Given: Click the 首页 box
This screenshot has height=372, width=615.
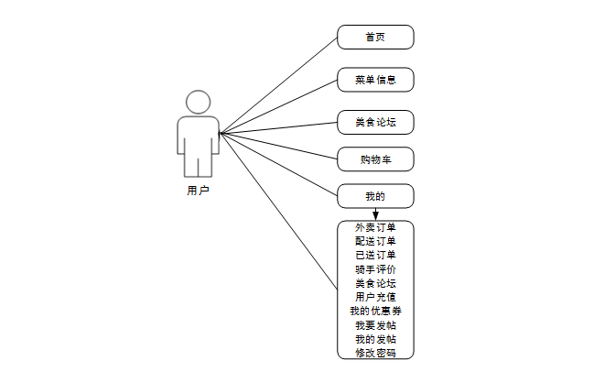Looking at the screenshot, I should (375, 38).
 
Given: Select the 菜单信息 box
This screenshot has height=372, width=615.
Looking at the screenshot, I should (375, 80).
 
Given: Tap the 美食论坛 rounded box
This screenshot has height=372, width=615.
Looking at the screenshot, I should (375, 122).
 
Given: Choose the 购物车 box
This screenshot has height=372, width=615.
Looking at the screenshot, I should (375, 159).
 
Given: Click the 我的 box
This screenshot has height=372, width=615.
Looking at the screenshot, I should (375, 196).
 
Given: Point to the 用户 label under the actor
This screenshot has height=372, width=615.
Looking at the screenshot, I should (198, 191).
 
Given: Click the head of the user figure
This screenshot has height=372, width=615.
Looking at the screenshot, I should (199, 103).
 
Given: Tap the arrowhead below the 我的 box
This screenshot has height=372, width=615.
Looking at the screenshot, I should (375, 215).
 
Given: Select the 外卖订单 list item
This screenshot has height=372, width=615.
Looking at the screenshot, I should (375, 227).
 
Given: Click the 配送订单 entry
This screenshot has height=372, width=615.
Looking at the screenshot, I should (375, 241).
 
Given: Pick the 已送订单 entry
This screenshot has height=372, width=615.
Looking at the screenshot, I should (375, 255).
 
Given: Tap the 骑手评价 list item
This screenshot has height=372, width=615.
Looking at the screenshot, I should (375, 269).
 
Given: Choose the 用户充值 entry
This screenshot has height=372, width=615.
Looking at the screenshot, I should (375, 297).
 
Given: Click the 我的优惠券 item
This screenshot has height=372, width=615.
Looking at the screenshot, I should (375, 312).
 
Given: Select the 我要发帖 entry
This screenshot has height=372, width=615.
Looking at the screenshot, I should (375, 325).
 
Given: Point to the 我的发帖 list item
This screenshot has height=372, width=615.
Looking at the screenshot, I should (375, 339).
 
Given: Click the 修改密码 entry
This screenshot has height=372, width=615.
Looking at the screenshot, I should (375, 353).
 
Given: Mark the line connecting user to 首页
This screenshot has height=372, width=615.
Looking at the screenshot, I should (279, 85).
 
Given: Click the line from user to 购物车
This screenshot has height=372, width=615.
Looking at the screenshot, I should (279, 147).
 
